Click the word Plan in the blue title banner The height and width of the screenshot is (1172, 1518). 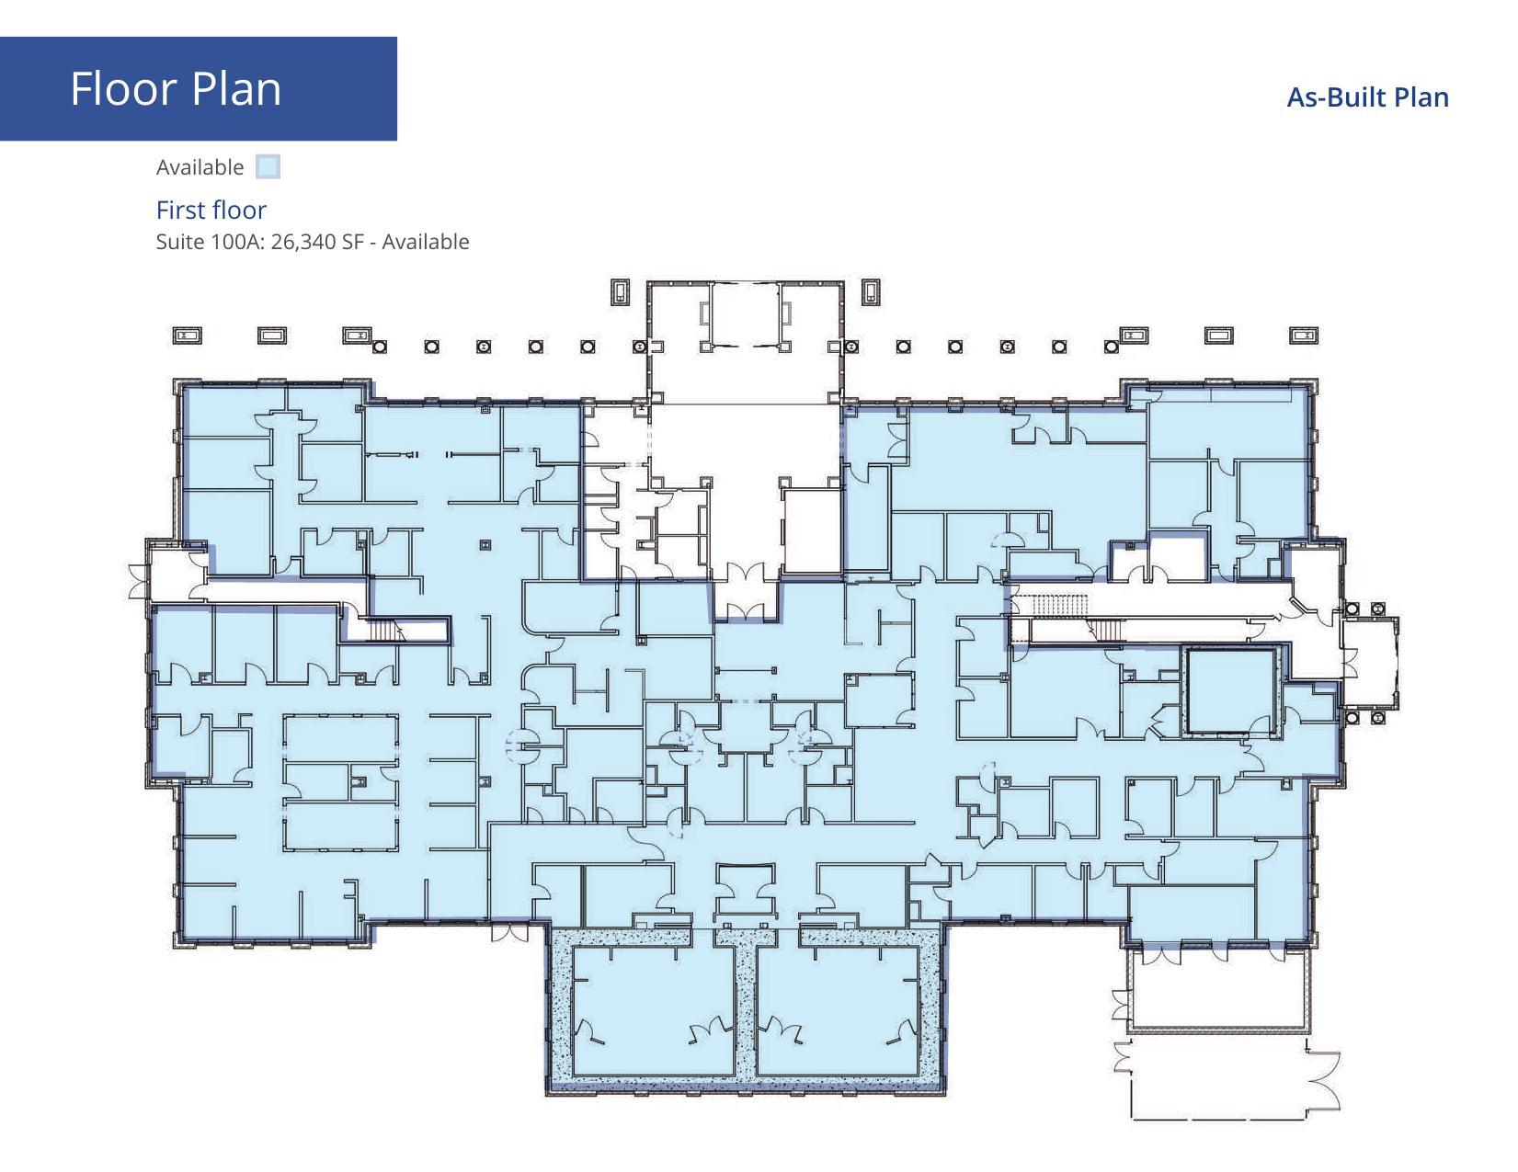(x=237, y=89)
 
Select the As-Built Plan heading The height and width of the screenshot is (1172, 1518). (x=1366, y=97)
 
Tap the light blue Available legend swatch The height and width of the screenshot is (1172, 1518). (x=268, y=167)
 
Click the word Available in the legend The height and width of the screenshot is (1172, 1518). (x=200, y=167)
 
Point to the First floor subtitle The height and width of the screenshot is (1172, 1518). (x=211, y=210)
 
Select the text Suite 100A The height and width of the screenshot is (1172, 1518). (x=210, y=242)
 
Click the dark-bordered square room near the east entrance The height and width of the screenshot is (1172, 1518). (x=1230, y=690)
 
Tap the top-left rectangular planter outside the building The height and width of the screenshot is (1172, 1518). (x=187, y=336)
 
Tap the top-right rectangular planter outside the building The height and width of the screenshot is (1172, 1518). (x=1303, y=336)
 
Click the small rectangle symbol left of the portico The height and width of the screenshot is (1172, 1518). (x=622, y=292)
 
